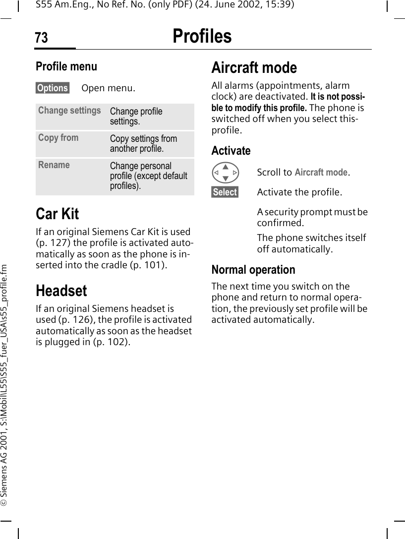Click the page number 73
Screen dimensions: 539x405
pyautogui.click(x=42, y=38)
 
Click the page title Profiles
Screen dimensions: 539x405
pyautogui.click(x=202, y=36)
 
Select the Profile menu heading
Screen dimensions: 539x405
pyautogui.click(x=66, y=66)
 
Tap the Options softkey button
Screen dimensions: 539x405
pyautogui.click(x=53, y=88)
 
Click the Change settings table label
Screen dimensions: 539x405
pyautogui.click(x=69, y=111)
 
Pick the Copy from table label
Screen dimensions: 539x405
pyautogui.click(x=58, y=138)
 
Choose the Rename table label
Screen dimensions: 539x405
pyautogui.click(x=54, y=165)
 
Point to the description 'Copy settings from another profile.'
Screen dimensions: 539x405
pyautogui.click(x=143, y=144)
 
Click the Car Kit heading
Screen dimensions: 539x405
pyautogui.click(x=57, y=214)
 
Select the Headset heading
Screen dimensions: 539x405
pyautogui.click(x=61, y=291)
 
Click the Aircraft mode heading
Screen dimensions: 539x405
pyautogui.click(x=254, y=67)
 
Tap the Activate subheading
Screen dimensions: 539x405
pyautogui.click(x=231, y=151)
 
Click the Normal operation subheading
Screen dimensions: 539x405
pyautogui.click(x=253, y=270)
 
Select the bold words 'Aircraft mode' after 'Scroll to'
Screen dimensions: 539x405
pyautogui.click(x=321, y=173)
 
